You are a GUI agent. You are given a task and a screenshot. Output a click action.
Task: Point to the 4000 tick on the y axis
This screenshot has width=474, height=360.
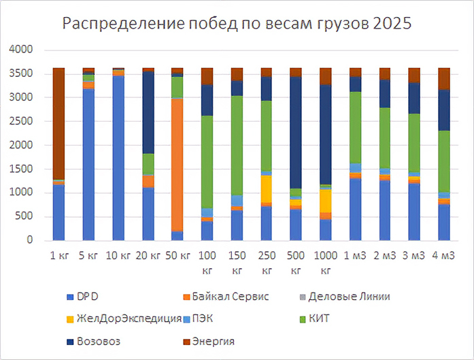(x=22, y=50)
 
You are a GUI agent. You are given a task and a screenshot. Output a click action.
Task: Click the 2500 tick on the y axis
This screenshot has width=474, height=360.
(x=22, y=121)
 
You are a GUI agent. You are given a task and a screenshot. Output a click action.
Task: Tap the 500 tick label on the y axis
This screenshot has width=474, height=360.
(x=25, y=216)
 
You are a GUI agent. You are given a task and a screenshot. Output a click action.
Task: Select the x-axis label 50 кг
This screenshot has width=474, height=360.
(x=177, y=257)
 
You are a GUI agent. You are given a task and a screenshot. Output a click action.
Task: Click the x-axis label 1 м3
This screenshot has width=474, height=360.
(x=355, y=257)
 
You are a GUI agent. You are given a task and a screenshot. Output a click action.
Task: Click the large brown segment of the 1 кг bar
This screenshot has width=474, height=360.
(x=58, y=122)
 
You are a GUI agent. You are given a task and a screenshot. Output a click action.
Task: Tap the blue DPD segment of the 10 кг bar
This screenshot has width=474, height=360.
(x=118, y=157)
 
